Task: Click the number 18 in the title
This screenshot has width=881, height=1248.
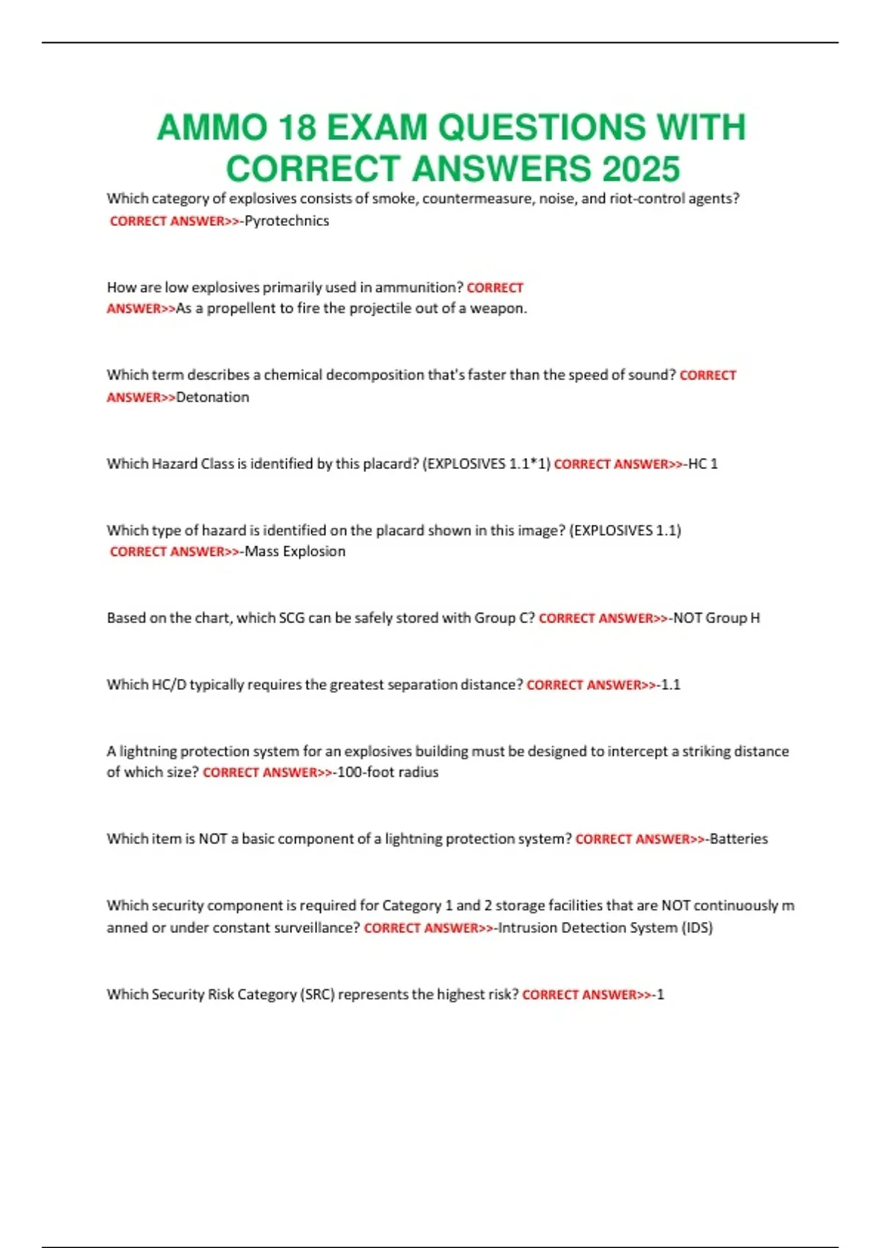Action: (x=297, y=128)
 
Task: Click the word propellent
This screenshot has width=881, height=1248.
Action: (x=240, y=308)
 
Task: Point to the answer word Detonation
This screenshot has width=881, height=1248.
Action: (x=213, y=397)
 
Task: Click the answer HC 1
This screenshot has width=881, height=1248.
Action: (x=703, y=464)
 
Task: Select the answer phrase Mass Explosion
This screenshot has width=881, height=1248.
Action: (x=294, y=551)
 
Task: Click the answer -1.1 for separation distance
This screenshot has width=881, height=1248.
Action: (x=670, y=685)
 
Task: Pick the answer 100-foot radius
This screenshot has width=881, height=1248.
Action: (x=388, y=772)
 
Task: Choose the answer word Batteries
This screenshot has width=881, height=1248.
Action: (x=739, y=839)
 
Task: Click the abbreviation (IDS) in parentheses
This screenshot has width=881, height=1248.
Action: (x=697, y=928)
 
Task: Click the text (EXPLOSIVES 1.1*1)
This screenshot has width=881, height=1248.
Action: (x=486, y=464)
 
